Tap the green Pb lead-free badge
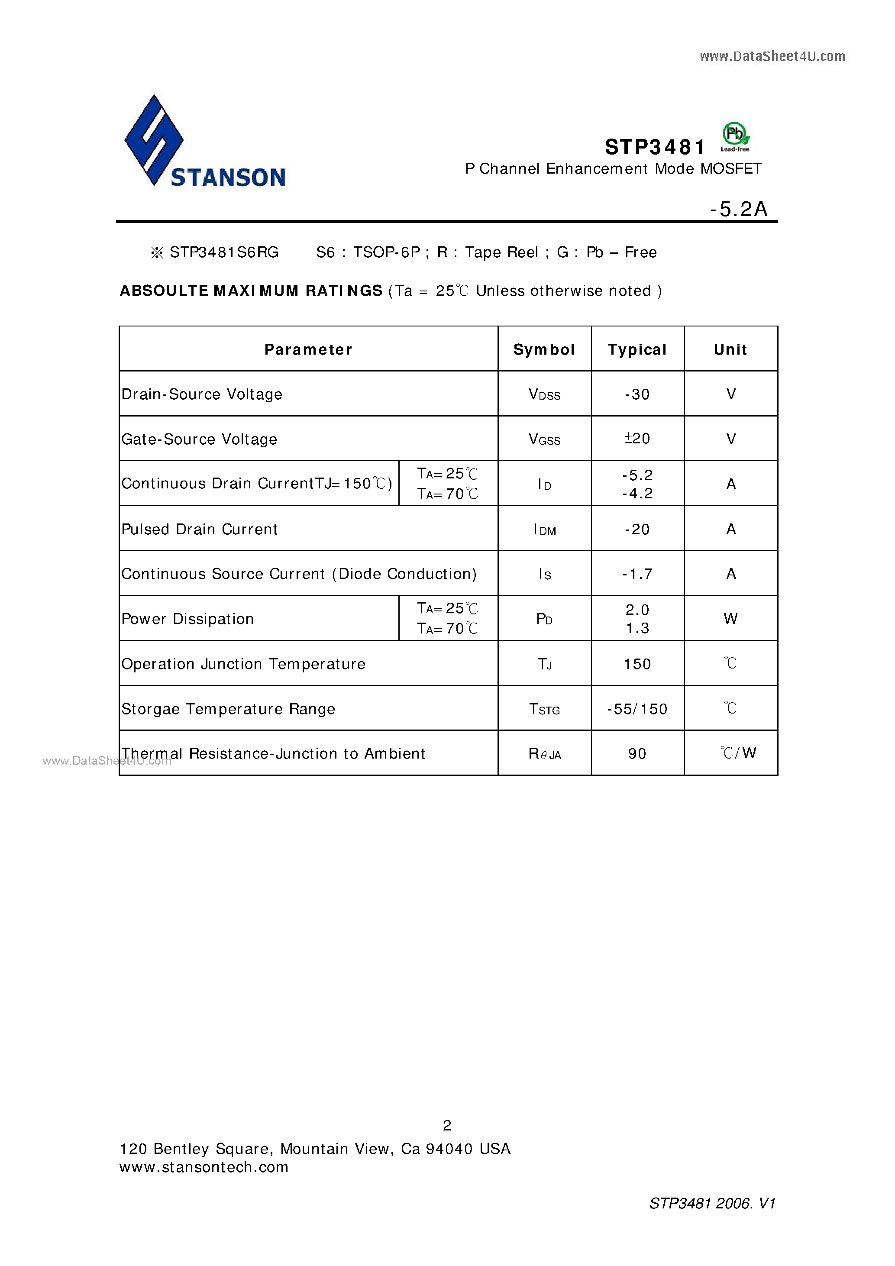pos(735,136)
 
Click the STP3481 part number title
pos(655,147)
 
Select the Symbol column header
pos(544,349)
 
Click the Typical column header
pos(637,349)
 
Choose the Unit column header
pos(730,349)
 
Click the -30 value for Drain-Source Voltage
pos(637,394)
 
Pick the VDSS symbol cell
pos(544,394)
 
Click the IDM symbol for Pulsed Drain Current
pos(544,530)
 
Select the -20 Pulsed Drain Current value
pos(637,530)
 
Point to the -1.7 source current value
pos(637,574)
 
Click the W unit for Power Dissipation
pos(730,619)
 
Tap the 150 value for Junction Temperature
pos(637,664)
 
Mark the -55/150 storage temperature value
pos(637,708)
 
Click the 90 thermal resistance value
pos(637,754)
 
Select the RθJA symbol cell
pos(544,754)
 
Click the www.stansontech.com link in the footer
pos(204,1167)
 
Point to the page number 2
pos(447,1125)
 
